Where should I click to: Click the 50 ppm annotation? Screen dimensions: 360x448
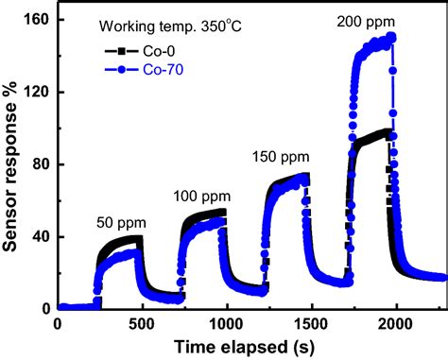coord(121,225)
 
